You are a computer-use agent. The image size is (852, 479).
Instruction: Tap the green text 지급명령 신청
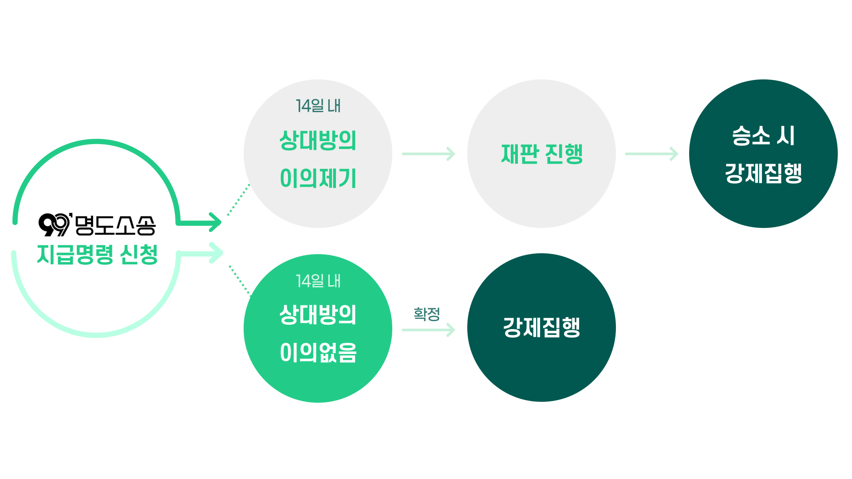click(97, 255)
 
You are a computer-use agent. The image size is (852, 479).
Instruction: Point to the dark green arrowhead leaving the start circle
click(215, 222)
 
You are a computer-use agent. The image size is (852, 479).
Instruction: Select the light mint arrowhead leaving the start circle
click(216, 253)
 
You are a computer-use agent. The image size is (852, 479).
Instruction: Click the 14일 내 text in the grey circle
click(318, 106)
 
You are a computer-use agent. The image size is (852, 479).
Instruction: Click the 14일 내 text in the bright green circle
click(318, 281)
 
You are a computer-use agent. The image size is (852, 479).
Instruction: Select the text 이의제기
click(318, 178)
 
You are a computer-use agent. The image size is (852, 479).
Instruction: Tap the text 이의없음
click(318, 353)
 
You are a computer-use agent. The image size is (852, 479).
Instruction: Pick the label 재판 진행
click(541, 154)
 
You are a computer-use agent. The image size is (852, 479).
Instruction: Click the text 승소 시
click(763, 135)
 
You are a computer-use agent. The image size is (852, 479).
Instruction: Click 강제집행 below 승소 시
click(763, 173)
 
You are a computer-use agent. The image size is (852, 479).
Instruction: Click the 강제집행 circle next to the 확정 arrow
click(541, 328)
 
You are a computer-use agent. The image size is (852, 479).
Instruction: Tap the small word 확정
click(426, 314)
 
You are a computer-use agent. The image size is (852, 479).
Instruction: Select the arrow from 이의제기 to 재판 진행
click(429, 154)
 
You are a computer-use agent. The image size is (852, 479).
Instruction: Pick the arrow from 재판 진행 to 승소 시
click(652, 154)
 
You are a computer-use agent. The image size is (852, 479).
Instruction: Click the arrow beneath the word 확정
click(429, 330)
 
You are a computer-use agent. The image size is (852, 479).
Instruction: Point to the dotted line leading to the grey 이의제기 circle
click(238, 200)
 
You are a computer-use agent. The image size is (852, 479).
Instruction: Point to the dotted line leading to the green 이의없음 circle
click(240, 281)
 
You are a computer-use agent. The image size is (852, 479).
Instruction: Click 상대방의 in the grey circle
click(318, 141)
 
